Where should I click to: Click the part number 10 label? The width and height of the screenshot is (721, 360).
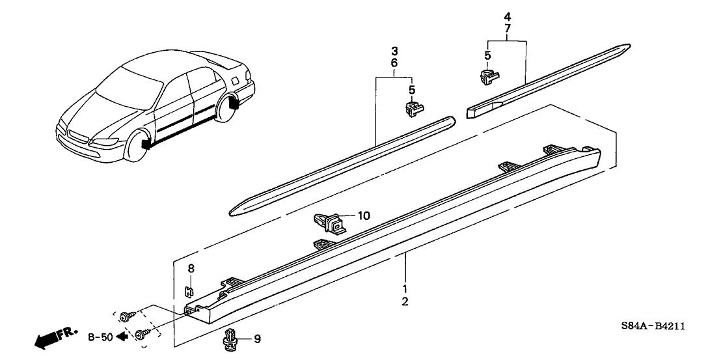pyautogui.click(x=363, y=215)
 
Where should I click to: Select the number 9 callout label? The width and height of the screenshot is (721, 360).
pyautogui.click(x=256, y=339)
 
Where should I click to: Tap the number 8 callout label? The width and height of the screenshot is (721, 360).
pyautogui.click(x=191, y=268)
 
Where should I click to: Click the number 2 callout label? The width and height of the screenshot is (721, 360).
pyautogui.click(x=405, y=301)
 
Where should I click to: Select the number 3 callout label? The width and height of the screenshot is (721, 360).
pyautogui.click(x=394, y=50)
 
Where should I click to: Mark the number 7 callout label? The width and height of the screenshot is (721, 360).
pyautogui.click(x=507, y=29)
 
